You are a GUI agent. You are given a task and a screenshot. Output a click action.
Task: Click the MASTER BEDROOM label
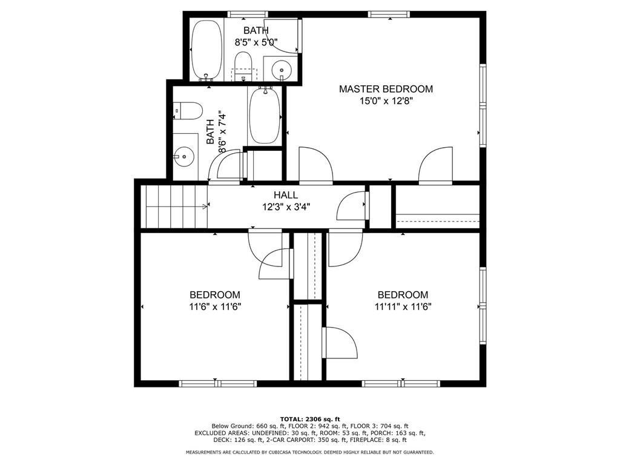pos(386,89)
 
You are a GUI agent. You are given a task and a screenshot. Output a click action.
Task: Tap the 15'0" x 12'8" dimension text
pos(386,101)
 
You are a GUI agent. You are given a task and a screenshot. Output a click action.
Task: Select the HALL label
pos(285,195)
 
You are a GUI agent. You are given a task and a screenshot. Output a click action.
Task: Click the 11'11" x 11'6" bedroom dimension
pos(403,306)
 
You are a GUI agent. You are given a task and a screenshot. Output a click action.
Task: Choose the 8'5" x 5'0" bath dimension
pos(256,42)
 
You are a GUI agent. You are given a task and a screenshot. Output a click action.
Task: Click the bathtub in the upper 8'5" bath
pos(207,50)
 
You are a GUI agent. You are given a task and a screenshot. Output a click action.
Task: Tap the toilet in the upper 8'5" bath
pos(243,64)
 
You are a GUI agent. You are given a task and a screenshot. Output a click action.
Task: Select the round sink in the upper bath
pos(282,70)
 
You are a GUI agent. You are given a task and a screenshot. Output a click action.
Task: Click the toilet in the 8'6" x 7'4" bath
pos(188,111)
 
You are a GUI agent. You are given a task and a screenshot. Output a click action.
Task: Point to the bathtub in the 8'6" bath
pos(265,116)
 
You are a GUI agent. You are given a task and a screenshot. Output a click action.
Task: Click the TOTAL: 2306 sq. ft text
pos(309,419)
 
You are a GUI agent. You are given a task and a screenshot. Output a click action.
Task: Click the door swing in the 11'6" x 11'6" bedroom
pos(274,263)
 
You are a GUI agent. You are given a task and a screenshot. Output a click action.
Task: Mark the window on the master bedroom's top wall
pos(387,14)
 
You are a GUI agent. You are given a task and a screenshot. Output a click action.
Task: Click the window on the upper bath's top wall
pos(247,14)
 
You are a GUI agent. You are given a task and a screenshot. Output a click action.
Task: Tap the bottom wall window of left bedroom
pos(217,383)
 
